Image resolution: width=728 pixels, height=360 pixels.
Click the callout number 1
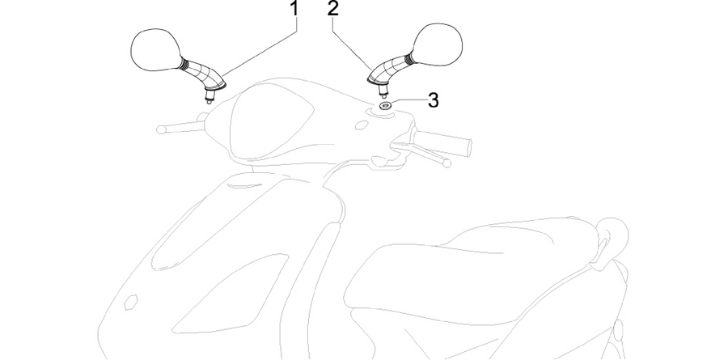coord(293,8)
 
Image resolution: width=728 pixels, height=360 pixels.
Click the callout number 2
coord(332,8)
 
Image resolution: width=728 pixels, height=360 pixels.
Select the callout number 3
coord(433,100)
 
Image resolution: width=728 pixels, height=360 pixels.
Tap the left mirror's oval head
coord(156,49)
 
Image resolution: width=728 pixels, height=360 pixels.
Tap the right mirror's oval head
coord(437,44)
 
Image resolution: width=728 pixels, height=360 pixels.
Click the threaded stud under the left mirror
coord(210,97)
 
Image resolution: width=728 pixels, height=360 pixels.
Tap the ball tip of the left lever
coord(161,129)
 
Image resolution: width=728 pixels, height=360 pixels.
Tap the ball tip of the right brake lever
coord(447,163)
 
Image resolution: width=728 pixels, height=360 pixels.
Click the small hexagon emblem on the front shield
coord(130,302)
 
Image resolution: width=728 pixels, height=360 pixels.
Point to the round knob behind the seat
coord(612,235)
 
